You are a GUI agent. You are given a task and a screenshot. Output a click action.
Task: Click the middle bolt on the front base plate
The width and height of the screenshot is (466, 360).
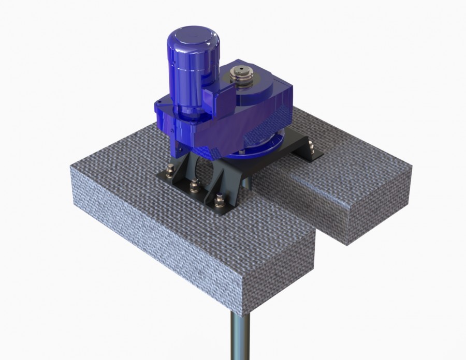pos(195,185)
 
